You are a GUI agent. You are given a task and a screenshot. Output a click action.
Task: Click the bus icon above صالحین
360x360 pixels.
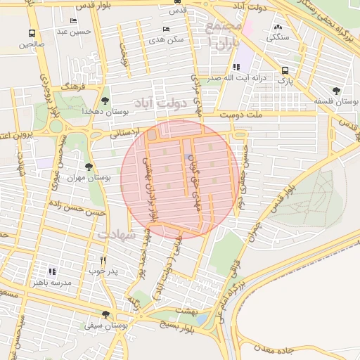click(x=32, y=33)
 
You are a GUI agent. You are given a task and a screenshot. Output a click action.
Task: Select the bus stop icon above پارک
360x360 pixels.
click(x=285, y=70)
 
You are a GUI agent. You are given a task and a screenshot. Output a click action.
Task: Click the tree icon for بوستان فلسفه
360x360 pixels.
click(x=337, y=90)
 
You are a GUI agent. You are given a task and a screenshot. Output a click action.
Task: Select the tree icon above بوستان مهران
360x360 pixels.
click(x=88, y=167)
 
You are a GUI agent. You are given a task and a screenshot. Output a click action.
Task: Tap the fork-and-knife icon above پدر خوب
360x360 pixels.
click(x=103, y=259)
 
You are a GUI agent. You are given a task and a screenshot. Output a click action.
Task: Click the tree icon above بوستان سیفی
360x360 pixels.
click(x=105, y=314)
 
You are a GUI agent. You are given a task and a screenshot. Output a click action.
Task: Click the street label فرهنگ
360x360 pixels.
click(x=72, y=84)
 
